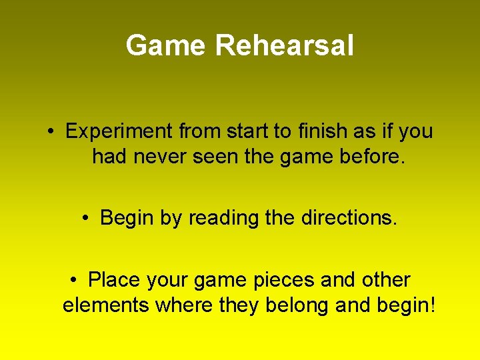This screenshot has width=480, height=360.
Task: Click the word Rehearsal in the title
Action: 285,46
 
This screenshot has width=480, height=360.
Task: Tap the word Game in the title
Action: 167,46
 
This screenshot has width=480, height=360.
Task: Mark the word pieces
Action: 283,280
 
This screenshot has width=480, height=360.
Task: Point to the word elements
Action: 106,305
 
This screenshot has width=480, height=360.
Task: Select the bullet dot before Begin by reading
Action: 86,218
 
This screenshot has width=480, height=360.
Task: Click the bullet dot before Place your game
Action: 73,280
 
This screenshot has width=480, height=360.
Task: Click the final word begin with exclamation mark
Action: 407,305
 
